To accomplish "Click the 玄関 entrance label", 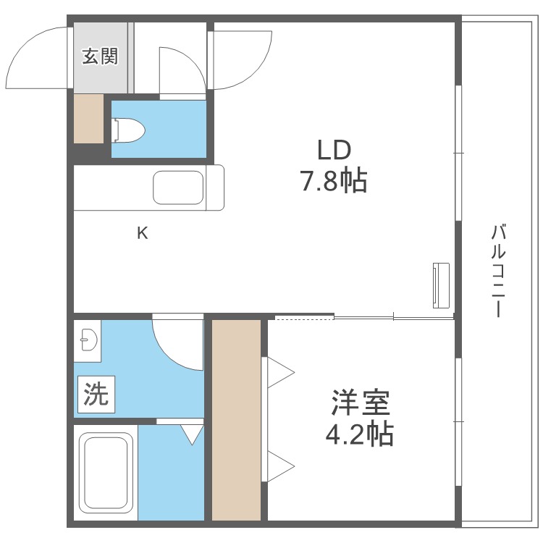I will [100, 56].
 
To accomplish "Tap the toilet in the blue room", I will [130, 130].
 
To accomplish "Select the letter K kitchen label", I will [143, 233].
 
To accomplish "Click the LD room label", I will [334, 150].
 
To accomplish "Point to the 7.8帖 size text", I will [334, 180].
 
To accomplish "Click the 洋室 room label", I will [360, 402].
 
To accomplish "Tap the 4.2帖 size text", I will [360, 434].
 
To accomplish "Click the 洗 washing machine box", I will [96, 395].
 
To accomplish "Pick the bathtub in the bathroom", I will [106, 473].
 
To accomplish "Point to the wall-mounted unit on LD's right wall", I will [440, 285].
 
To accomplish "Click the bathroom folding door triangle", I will [192, 434].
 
